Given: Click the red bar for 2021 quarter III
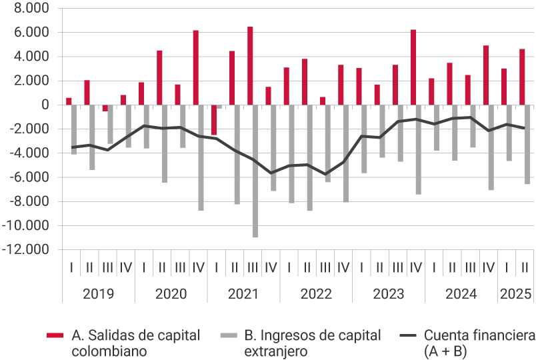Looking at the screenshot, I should (250, 65).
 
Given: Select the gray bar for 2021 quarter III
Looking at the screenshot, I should (255, 171).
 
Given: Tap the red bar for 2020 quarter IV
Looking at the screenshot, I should (196, 67).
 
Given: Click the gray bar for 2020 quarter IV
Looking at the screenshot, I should (201, 157).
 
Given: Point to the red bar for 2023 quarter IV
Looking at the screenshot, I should (413, 67).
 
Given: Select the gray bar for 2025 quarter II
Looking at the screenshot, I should (527, 144).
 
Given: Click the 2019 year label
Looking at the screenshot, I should (98, 294).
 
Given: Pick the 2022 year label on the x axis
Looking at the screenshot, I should (316, 294).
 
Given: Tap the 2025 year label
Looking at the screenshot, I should (515, 294).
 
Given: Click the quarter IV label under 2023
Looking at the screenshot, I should (416, 268).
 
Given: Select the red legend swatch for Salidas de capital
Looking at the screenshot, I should (55, 335).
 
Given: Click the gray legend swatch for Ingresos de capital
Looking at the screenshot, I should (229, 335).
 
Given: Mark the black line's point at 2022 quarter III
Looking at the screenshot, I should (326, 175).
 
